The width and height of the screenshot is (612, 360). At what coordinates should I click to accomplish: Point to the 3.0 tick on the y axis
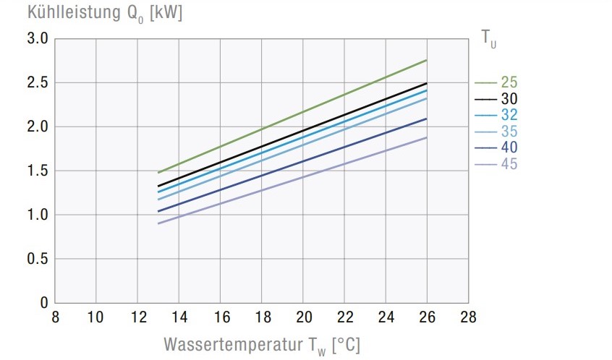tap(38, 39)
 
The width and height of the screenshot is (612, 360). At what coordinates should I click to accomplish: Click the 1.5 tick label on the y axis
tap(38, 171)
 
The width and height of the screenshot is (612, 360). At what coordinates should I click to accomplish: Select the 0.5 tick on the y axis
tap(38, 259)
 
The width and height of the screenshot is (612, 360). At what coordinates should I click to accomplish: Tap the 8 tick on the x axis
tap(54, 317)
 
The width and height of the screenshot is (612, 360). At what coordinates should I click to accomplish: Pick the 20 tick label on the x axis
tap(303, 317)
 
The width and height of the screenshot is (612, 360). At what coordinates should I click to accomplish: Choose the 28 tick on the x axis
tap(469, 317)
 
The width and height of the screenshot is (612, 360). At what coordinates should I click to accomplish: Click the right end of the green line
tap(427, 60)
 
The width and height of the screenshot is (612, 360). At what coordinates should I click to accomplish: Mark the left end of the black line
tap(158, 186)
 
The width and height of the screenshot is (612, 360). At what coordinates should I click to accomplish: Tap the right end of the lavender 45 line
tap(427, 137)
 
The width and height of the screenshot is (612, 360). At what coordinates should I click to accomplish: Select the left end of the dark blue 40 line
tap(158, 211)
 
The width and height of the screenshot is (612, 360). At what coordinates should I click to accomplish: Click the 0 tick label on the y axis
tap(44, 303)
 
